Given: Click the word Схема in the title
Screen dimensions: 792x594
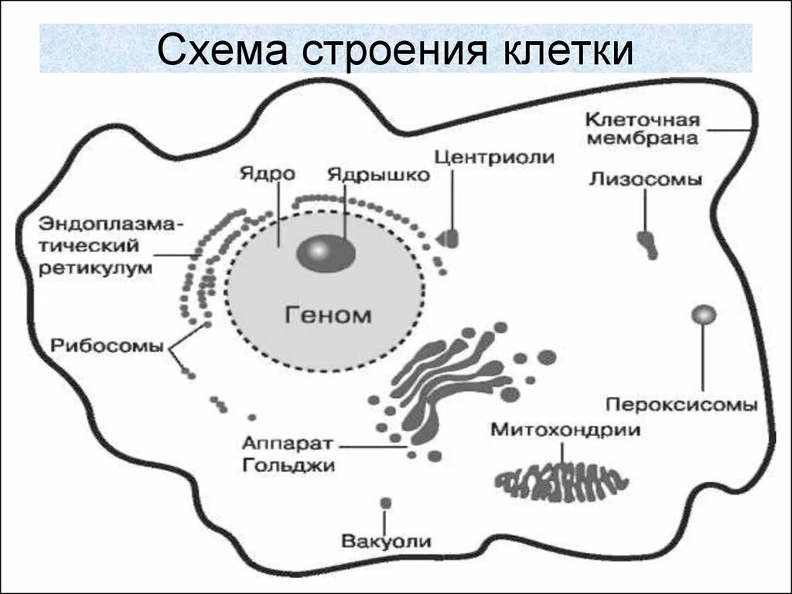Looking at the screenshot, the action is coord(222,49).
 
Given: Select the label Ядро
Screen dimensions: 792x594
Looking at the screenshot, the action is coord(267,173).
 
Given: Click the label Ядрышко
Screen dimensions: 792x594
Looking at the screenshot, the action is coord(378,175).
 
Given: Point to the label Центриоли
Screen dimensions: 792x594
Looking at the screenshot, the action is coord(494,157).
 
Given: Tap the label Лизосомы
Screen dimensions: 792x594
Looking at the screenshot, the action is coord(645,179).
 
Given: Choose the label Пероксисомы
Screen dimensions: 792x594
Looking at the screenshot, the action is coord(681,405).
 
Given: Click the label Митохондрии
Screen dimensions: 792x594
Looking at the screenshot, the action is coord(565,430).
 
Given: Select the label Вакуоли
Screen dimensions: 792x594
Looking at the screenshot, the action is coord(387,541).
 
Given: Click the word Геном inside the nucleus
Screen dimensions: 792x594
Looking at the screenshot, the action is coord(328,315).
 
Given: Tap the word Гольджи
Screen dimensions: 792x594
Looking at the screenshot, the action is coord(288,465).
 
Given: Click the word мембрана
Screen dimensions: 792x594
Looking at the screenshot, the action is coord(643,138).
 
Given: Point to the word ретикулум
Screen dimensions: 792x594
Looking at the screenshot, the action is coord(96,268).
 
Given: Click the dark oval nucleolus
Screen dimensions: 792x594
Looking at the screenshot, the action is coord(326,253).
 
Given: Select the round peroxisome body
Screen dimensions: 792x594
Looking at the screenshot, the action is coord(704,314).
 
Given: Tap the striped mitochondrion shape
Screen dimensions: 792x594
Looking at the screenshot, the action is coord(560,482).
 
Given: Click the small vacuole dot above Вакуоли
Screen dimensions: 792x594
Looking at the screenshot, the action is coord(385,503).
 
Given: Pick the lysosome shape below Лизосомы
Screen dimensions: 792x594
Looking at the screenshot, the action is coord(647,244).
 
